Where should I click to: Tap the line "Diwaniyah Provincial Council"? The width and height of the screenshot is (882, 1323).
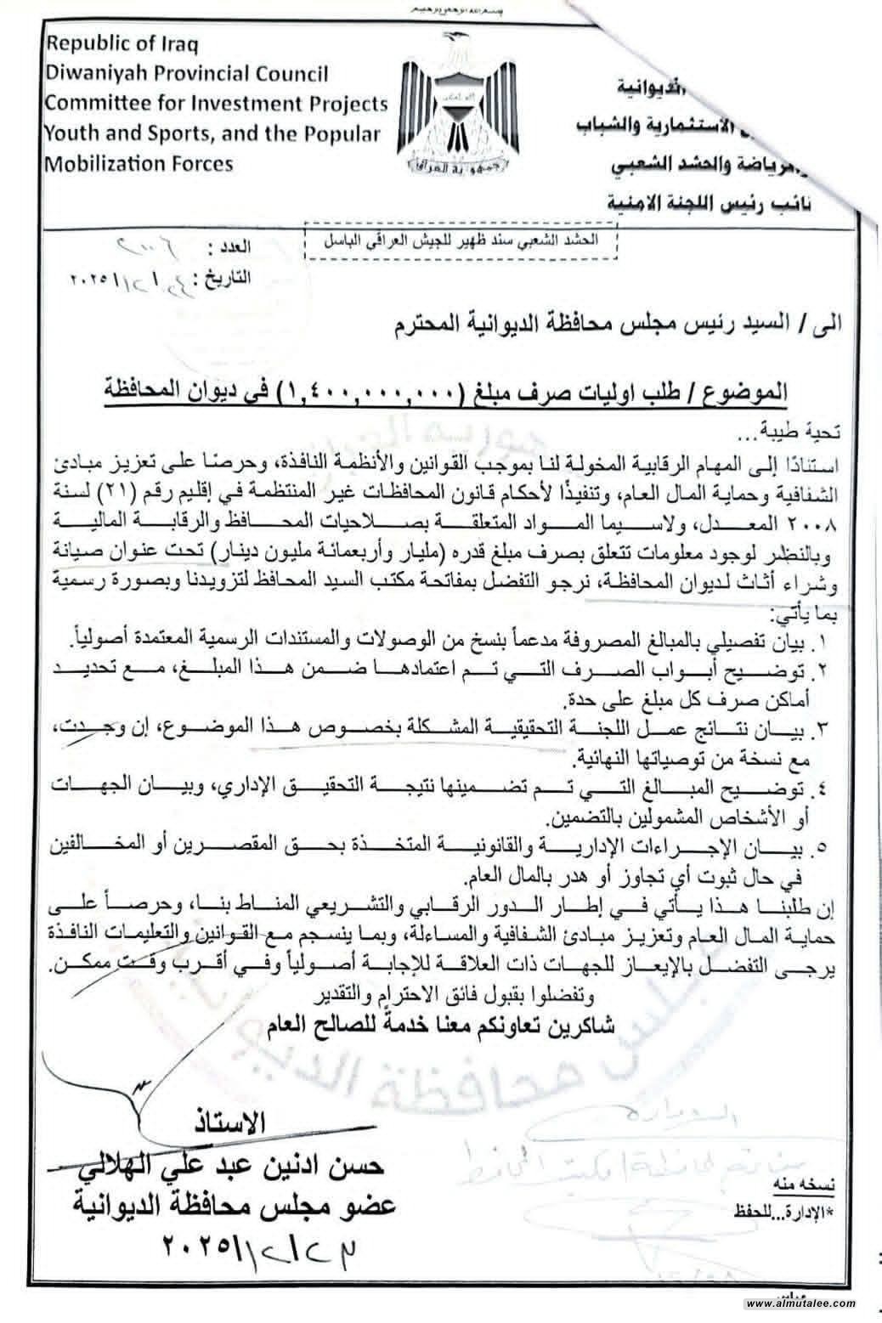click(186, 74)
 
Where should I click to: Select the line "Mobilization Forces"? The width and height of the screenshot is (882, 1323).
click(139, 162)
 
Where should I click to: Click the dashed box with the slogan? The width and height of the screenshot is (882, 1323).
click(461, 240)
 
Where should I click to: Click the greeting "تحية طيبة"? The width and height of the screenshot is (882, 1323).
click(799, 433)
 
